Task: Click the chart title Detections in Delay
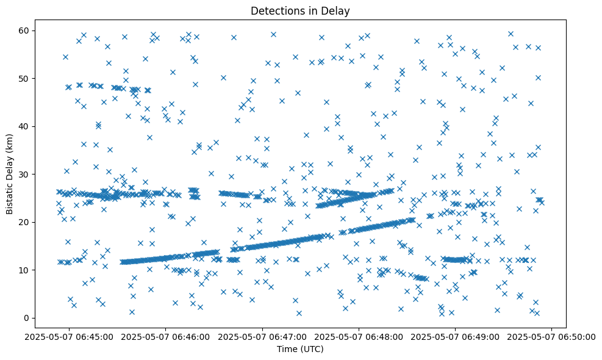point(300,10)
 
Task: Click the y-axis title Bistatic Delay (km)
point(10,173)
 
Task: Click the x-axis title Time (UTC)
point(300,349)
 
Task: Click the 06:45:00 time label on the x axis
point(69,336)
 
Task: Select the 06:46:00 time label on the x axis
point(166,336)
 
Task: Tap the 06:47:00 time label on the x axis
point(263,336)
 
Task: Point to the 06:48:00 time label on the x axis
point(359,336)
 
